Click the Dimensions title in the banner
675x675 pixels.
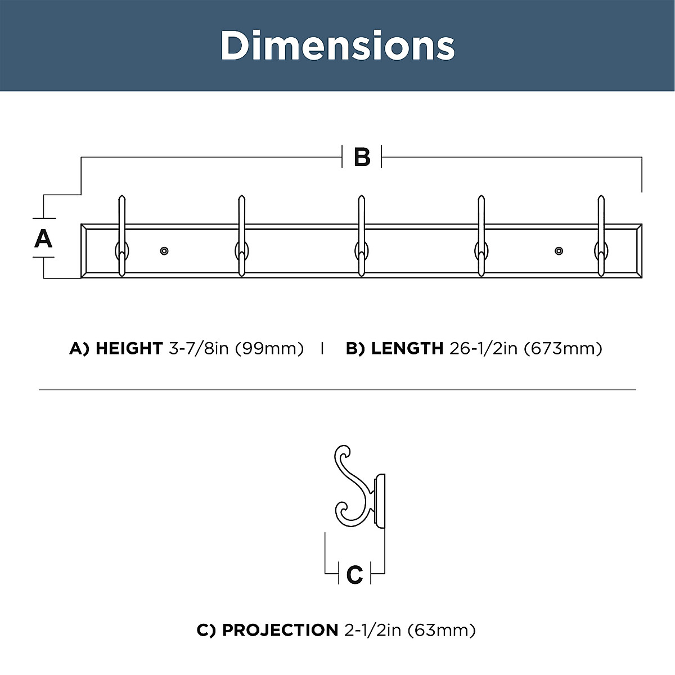(337, 45)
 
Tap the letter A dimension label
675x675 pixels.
(43, 238)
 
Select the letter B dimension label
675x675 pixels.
(362, 157)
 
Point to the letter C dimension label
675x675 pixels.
(355, 575)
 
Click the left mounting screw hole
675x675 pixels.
(164, 250)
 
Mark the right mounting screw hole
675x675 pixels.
(559, 250)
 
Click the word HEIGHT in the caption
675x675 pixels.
(129, 349)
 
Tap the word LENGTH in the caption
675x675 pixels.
(407, 349)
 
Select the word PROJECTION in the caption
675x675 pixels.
(280, 630)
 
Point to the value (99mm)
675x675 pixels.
(269, 349)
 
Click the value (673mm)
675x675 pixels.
(563, 349)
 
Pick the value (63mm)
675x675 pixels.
(442, 630)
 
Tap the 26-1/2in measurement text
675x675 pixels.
(483, 349)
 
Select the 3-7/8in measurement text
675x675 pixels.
(199, 349)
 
